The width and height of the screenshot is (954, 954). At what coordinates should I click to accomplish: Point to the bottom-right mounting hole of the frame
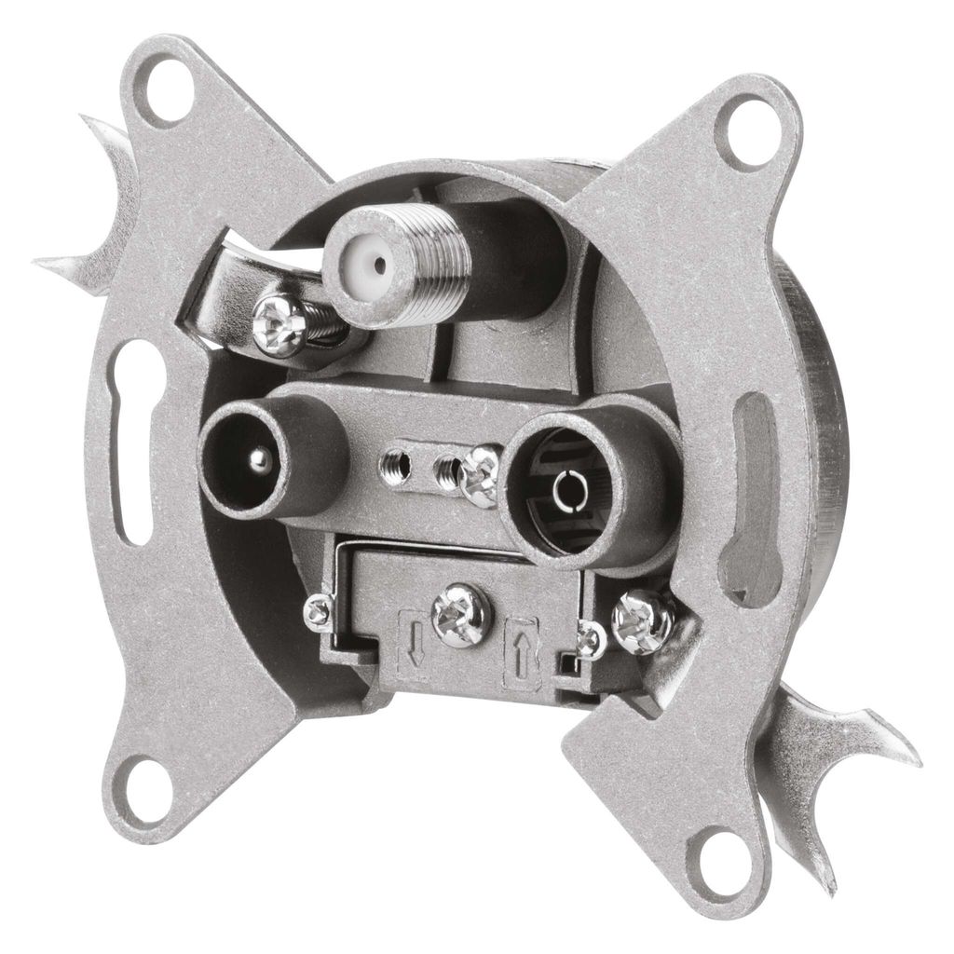(x=719, y=854)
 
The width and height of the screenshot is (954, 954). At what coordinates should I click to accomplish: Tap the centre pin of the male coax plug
(x=262, y=459)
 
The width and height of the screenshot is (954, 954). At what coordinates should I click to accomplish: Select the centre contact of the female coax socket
(x=566, y=485)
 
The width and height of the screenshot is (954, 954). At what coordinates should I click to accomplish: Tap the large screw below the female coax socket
(x=644, y=621)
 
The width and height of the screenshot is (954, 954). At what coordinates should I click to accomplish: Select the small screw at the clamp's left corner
(x=319, y=612)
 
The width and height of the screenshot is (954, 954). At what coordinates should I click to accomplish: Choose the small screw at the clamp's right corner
(x=590, y=640)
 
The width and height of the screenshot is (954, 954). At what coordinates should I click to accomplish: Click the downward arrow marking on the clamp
(x=414, y=643)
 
